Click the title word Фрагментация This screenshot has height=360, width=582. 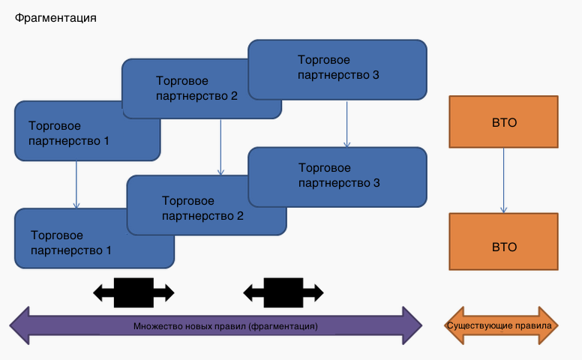[55, 16]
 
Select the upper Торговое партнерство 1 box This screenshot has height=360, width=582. [67, 133]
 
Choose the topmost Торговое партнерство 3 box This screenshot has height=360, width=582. [337, 67]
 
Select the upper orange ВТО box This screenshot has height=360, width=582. [503, 121]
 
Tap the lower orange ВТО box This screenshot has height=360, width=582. [503, 245]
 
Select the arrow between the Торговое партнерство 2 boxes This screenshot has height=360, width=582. [220, 147]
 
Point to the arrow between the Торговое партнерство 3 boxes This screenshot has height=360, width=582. [346, 124]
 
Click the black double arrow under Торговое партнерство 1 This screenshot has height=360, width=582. [133, 292]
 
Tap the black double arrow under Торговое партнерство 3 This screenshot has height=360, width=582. [283, 292]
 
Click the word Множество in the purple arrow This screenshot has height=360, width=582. [156, 327]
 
